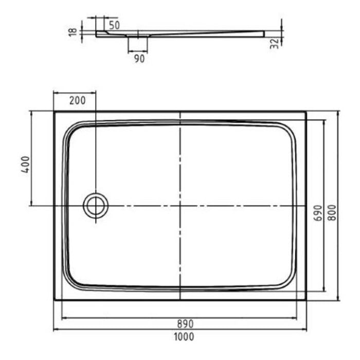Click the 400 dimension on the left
[25, 164]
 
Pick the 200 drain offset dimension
[77, 100]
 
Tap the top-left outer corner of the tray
[55, 112]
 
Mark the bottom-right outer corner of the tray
[306, 300]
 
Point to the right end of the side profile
[263, 33]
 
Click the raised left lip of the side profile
[101, 33]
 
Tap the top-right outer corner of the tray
[306, 112]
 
